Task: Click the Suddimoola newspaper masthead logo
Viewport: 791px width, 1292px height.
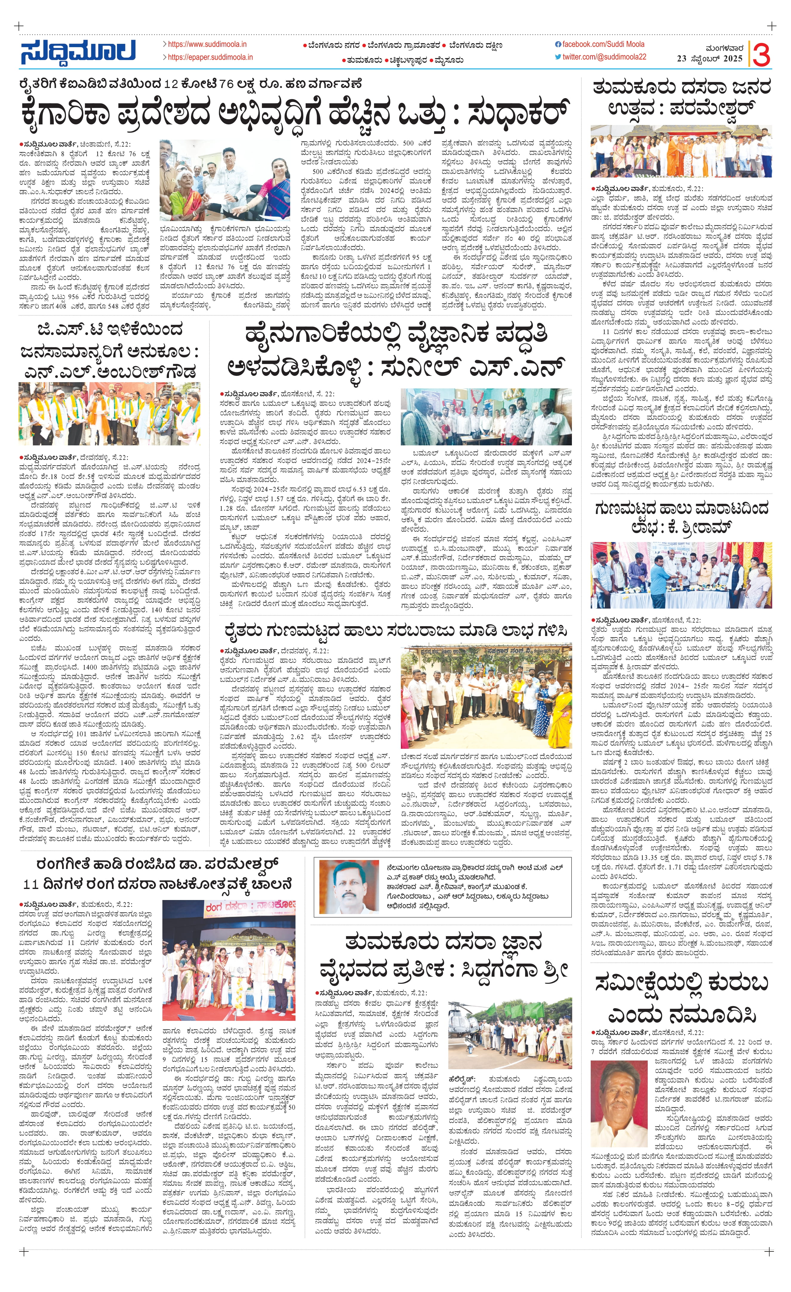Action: tap(78, 51)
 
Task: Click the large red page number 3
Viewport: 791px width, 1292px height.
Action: tap(761, 54)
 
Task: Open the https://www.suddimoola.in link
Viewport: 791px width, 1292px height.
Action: tap(207, 44)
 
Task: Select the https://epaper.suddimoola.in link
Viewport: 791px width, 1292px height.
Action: tap(210, 57)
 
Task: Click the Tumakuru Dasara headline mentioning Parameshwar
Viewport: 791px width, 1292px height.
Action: tap(681, 98)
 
